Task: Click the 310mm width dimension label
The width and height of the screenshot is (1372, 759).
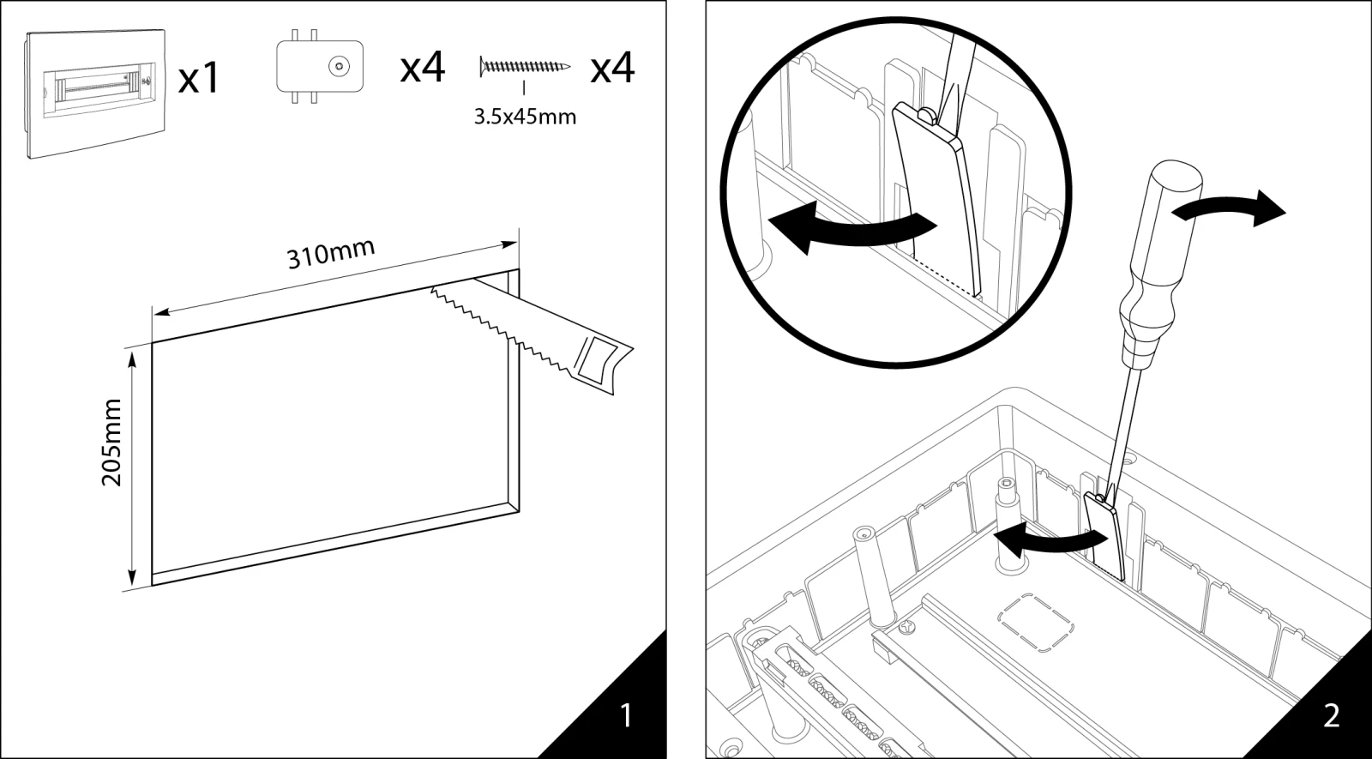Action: pos(330,254)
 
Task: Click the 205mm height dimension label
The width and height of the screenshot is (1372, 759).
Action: pos(112,442)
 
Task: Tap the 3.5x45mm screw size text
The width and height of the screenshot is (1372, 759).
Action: pos(525,116)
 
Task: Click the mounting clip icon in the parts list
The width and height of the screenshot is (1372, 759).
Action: pos(319,66)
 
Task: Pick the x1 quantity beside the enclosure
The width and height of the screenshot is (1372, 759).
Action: pos(199,79)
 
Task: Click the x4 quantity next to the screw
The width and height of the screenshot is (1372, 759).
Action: pos(612,67)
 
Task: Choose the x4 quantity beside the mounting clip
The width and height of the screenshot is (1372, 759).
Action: pos(423,67)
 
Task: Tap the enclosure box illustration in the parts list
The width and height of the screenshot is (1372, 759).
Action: pos(94,93)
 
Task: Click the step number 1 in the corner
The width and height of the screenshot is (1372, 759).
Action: pos(626,715)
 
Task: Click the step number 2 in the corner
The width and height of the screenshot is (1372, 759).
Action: pos(1331,715)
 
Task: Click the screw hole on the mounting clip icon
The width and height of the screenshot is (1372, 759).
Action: pos(340,65)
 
